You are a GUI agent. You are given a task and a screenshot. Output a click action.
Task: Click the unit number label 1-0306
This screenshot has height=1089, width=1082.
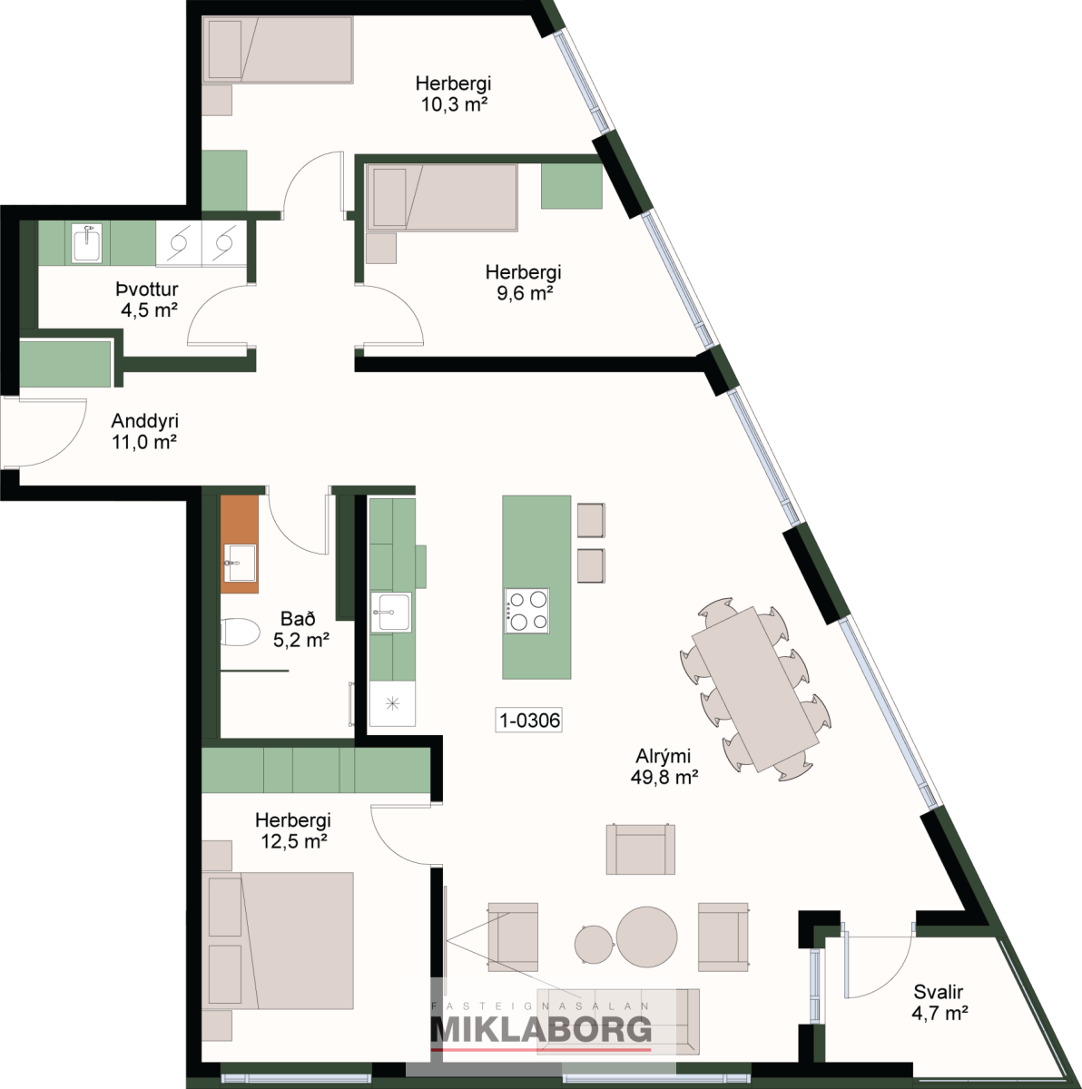(529, 720)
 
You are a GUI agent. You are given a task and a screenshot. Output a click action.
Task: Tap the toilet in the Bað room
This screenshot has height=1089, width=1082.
(239, 632)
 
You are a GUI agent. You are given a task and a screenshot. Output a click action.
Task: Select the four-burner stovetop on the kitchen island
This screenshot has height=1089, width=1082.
(526, 611)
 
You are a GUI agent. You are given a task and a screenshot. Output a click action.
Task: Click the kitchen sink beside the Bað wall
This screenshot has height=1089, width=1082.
(390, 612)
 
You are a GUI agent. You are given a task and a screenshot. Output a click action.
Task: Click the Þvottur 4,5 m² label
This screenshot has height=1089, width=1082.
(148, 299)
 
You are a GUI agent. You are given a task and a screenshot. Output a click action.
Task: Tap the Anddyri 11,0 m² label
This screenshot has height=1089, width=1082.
(144, 431)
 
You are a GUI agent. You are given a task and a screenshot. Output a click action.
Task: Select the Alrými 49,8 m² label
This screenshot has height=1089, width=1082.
(664, 767)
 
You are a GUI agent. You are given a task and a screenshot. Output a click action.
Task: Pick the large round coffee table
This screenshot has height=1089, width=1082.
(646, 937)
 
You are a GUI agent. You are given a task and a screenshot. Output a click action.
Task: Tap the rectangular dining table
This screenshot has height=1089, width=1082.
(755, 689)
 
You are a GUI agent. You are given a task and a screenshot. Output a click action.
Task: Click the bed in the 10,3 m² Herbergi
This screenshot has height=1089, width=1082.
(278, 50)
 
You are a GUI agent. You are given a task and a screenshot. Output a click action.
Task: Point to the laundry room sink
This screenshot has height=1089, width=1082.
(86, 243)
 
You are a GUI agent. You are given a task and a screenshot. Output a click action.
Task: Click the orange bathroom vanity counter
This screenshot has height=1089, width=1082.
(239, 544)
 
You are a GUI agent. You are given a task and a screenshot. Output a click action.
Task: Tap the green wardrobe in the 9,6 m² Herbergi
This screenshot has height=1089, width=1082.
(571, 186)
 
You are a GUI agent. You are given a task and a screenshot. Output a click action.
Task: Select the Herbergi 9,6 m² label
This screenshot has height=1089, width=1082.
(523, 282)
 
